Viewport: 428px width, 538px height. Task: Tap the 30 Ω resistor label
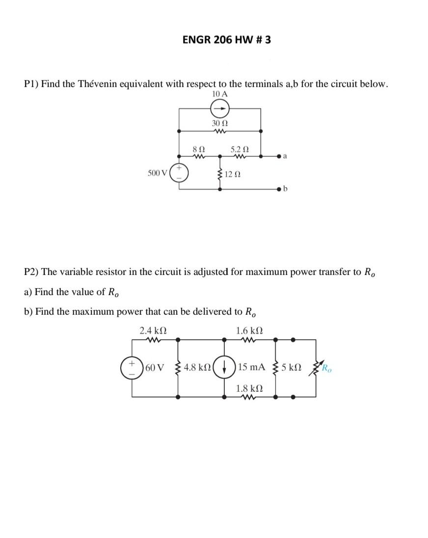[219, 122]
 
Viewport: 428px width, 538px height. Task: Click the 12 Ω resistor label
[233, 175]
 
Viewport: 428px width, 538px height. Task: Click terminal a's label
[285, 157]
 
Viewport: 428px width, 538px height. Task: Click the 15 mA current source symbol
[225, 367]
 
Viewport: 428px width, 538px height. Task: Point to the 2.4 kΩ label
[153, 330]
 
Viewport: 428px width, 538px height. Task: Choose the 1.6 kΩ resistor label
[249, 330]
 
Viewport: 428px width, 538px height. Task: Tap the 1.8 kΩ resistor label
[249, 388]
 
